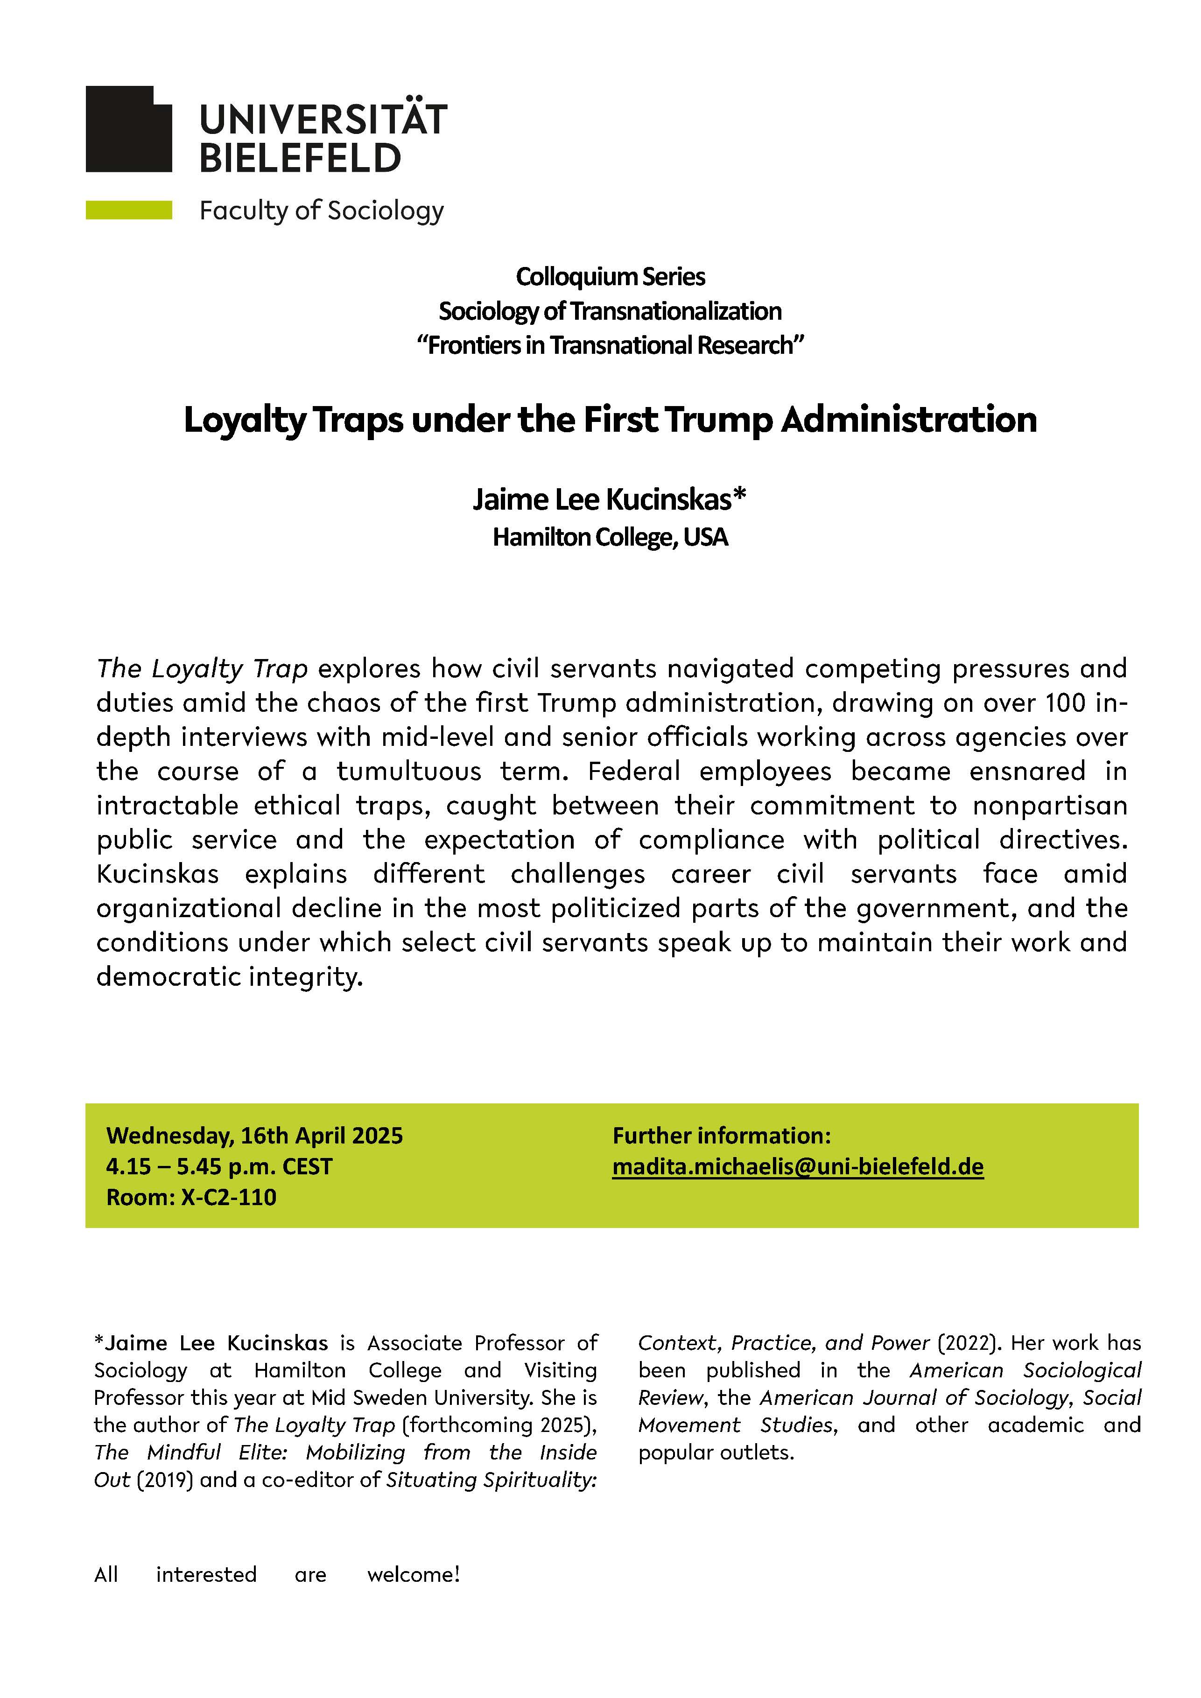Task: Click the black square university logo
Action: pos(129,129)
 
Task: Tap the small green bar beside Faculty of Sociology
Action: pos(129,210)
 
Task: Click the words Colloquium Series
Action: pos(610,277)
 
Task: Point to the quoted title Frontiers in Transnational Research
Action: pos(610,345)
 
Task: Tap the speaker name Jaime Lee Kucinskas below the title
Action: pos(602,500)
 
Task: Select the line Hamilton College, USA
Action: pos(610,537)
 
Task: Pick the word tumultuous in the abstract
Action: pos(409,772)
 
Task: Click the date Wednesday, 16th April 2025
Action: pos(254,1135)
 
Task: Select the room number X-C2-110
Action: pos(229,1197)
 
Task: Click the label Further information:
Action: pos(722,1135)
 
